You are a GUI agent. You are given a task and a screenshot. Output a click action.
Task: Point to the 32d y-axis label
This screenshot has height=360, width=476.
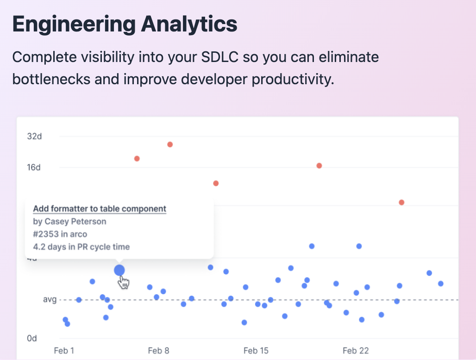click(x=34, y=137)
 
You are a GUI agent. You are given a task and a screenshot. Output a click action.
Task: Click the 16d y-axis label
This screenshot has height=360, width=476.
click(x=34, y=167)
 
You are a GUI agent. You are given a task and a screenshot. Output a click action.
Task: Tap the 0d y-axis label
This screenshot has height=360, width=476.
click(x=32, y=338)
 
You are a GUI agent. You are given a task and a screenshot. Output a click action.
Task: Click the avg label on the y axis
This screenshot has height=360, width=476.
click(x=50, y=300)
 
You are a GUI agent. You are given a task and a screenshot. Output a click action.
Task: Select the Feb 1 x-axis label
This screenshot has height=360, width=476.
click(x=64, y=351)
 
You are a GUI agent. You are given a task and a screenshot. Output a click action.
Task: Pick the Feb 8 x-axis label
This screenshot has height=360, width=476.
click(x=158, y=351)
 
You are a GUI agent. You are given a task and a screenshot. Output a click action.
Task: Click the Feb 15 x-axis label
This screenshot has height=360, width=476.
click(x=256, y=351)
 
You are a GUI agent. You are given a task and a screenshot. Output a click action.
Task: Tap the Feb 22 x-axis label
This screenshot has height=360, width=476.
click(x=356, y=351)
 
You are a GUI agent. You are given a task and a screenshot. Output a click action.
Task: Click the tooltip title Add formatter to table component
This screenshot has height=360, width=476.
click(x=100, y=209)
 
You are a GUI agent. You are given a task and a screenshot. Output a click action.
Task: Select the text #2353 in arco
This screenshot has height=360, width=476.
click(x=60, y=234)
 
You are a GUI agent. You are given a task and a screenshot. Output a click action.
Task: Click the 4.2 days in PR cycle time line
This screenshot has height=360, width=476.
click(x=81, y=247)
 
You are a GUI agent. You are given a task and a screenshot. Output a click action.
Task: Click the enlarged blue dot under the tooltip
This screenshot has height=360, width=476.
click(x=119, y=270)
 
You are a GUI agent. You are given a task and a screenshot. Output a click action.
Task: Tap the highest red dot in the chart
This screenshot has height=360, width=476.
click(x=170, y=144)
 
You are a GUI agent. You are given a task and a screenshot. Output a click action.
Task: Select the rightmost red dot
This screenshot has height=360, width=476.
click(x=401, y=202)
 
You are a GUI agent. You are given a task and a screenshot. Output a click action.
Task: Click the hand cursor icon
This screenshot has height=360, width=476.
click(x=124, y=282)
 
